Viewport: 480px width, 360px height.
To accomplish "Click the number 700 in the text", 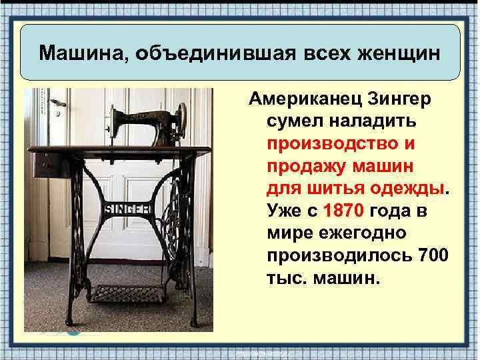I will point(433,255).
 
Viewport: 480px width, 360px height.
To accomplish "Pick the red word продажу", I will point(303,167).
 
